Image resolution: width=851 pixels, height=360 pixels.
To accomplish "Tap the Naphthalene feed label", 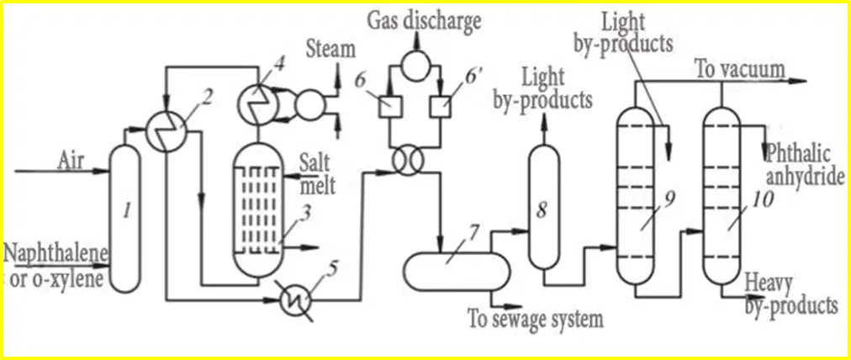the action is pyautogui.click(x=56, y=252).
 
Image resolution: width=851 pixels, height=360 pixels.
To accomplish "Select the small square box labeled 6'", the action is pyautogui.click(x=441, y=107).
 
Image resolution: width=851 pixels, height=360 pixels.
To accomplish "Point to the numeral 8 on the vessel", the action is pyautogui.click(x=542, y=210).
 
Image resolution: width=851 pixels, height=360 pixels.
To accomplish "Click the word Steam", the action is pyautogui.click(x=330, y=50).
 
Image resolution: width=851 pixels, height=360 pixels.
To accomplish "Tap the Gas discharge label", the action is pyautogui.click(x=423, y=21).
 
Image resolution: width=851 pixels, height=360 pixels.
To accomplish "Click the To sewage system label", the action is pyautogui.click(x=536, y=319).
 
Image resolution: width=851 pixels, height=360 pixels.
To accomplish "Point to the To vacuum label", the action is pyautogui.click(x=740, y=69).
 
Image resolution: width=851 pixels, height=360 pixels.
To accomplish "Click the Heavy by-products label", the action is pyautogui.click(x=790, y=295).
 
